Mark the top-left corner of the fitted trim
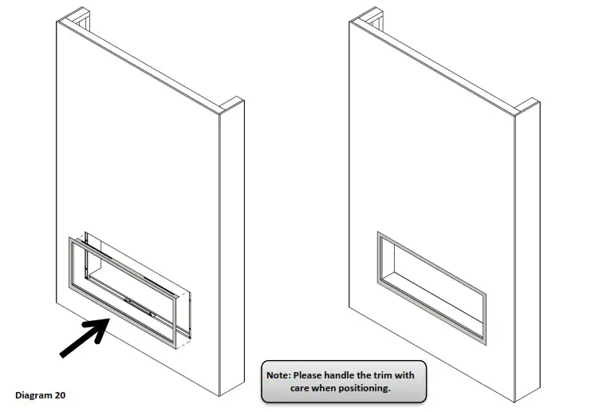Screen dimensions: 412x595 coord(379,234)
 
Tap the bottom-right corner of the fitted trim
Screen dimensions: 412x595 coord(483,340)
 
